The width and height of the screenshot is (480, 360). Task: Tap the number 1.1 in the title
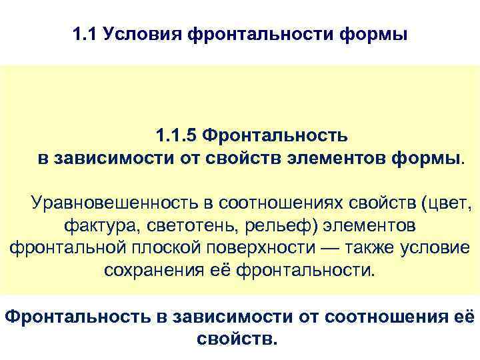(x=84, y=33)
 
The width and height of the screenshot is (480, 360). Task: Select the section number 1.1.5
(x=177, y=136)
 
